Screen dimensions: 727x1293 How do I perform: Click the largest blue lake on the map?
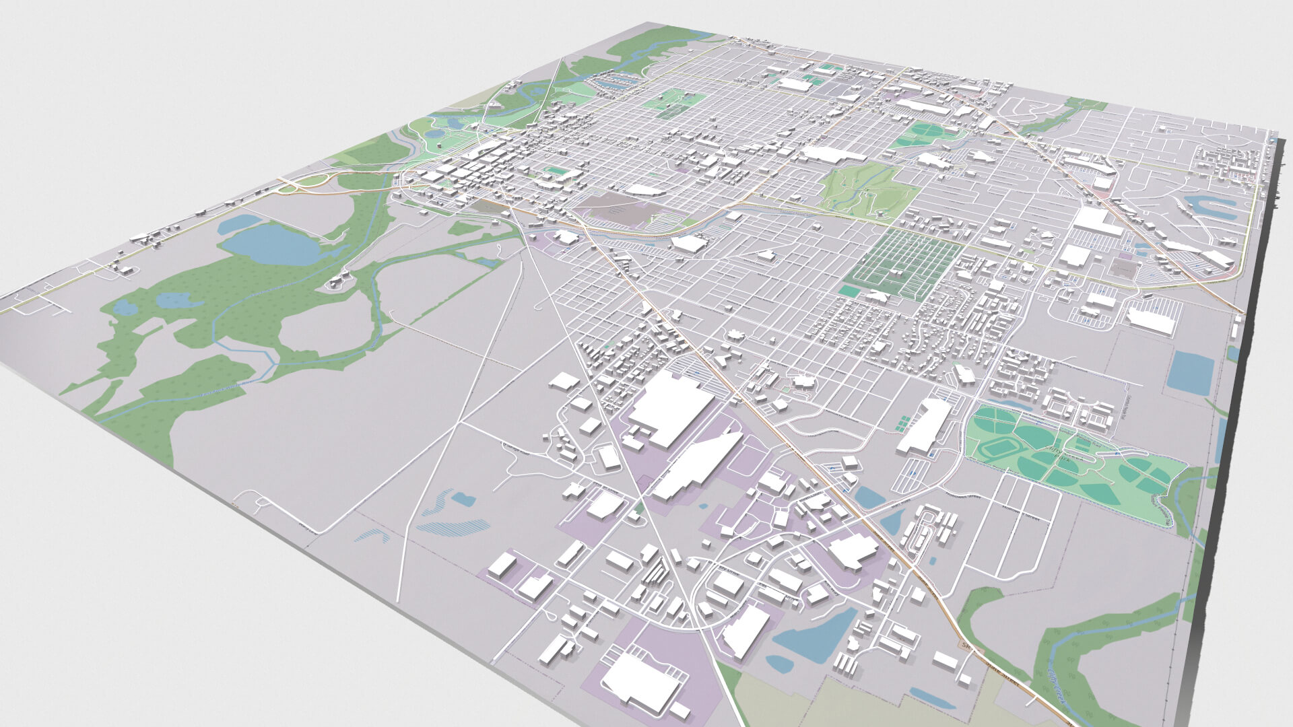tap(273, 244)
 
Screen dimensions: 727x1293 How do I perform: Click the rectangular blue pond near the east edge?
tap(1190, 372)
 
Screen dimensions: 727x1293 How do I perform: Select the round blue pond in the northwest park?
tap(436, 134)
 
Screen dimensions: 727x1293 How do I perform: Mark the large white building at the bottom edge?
tap(640, 680)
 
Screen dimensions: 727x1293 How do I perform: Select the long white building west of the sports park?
tap(925, 424)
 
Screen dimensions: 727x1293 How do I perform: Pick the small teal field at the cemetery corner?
tap(849, 291)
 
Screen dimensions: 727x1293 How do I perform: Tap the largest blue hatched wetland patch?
tap(453, 525)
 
